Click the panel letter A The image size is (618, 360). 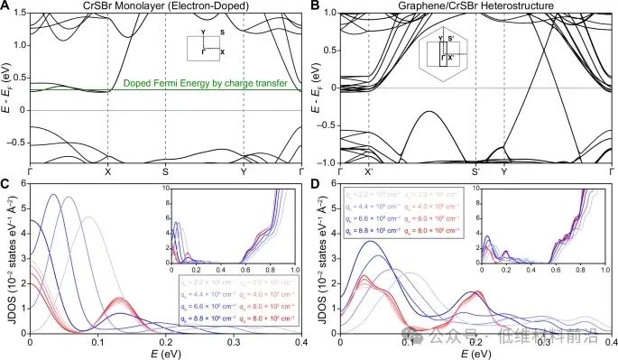(x=7, y=6)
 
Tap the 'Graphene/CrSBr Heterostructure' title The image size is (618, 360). (x=476, y=7)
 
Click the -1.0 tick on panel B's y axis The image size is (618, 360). (x=327, y=162)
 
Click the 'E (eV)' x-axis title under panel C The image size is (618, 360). (x=166, y=354)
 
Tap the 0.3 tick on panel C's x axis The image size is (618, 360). (x=234, y=343)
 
